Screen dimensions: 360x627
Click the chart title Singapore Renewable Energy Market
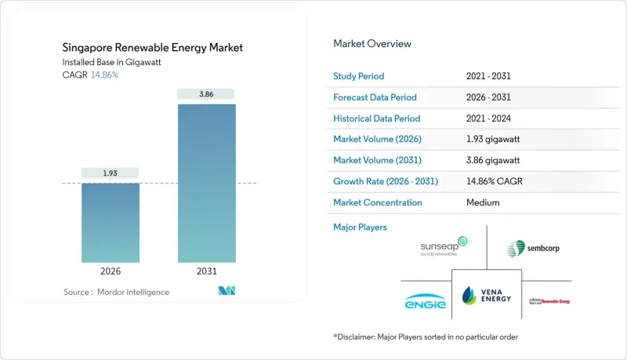click(x=153, y=48)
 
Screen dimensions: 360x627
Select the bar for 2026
click(x=111, y=223)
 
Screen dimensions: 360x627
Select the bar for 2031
click(x=206, y=184)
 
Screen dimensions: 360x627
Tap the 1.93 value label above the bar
click(x=111, y=172)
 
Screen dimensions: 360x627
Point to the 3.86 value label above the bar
click(x=206, y=94)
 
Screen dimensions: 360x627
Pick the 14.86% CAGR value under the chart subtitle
click(x=106, y=75)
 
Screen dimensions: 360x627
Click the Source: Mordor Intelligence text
click(x=116, y=292)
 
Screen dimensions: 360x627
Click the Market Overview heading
click(x=372, y=43)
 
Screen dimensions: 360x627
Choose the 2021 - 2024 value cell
click(x=489, y=118)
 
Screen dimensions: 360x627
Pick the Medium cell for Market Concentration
click(x=482, y=202)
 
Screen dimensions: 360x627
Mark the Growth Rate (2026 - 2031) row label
click(x=386, y=181)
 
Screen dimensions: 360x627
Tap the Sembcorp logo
click(x=533, y=249)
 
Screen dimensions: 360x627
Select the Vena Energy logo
click(x=487, y=295)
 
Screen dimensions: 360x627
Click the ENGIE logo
click(x=426, y=301)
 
